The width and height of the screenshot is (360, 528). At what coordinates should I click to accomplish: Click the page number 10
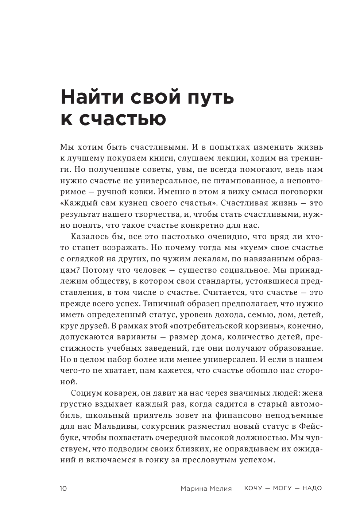click(63, 489)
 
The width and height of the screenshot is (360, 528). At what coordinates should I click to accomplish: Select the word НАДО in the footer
click(312, 488)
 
